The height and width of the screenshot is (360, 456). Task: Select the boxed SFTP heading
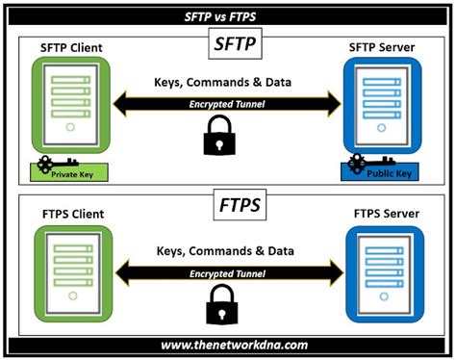pyautogui.click(x=228, y=44)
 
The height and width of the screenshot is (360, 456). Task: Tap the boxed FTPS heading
pyautogui.click(x=228, y=205)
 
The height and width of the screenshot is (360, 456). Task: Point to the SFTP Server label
pyautogui.click(x=384, y=49)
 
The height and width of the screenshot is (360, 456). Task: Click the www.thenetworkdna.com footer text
pyautogui.click(x=228, y=344)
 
